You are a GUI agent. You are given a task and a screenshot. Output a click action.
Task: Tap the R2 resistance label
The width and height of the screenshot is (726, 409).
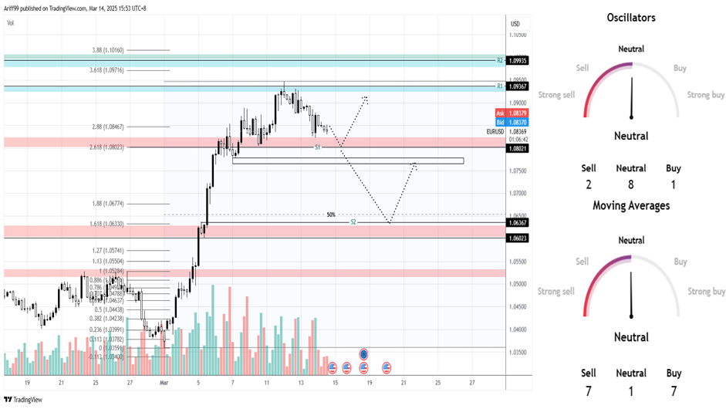pos(500,59)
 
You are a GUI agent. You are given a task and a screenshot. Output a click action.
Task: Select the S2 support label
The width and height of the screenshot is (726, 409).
pos(353,221)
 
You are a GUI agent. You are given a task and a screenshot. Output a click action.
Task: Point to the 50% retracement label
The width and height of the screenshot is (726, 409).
pos(330,215)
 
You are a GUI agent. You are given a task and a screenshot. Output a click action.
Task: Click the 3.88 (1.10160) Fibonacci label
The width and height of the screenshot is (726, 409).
pos(108,50)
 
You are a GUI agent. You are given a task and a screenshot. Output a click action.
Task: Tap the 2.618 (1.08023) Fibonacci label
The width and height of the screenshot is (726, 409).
pos(107,147)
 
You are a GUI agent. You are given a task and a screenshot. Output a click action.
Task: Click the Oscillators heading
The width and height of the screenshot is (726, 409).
pos(630,18)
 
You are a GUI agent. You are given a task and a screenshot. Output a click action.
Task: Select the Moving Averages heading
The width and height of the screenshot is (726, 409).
pos(630,205)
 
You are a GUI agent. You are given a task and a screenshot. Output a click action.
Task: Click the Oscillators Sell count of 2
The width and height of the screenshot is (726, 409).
pos(588,184)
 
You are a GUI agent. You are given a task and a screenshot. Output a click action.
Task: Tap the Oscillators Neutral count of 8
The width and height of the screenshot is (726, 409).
pos(630,184)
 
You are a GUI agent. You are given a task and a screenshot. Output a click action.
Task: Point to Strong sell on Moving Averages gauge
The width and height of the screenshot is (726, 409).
pos(556,292)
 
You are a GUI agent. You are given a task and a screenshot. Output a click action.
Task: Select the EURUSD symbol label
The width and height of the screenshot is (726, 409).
pos(496,132)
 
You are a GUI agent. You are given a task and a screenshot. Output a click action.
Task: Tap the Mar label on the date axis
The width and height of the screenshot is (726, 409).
pos(164,382)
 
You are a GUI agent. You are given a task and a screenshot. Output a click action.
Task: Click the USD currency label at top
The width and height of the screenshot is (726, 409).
pos(515,23)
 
